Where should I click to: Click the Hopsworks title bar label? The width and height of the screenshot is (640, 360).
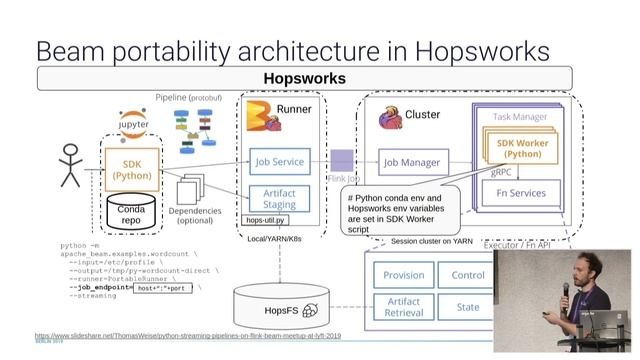304,78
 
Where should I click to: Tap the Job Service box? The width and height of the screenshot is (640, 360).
279,161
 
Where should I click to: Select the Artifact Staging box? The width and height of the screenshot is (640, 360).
279,198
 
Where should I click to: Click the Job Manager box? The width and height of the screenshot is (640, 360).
412,161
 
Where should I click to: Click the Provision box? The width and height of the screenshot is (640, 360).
403,274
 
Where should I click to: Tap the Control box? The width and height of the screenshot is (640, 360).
467,274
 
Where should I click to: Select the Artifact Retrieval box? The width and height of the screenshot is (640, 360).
403,307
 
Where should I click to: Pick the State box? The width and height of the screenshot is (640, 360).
467,307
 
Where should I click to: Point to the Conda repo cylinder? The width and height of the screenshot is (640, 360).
131,209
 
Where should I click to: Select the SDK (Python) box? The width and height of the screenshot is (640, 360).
131,169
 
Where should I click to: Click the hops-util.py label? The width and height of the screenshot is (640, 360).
265,220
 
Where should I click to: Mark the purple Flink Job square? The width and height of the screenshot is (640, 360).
342,161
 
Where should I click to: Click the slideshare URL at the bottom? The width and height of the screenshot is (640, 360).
187,336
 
